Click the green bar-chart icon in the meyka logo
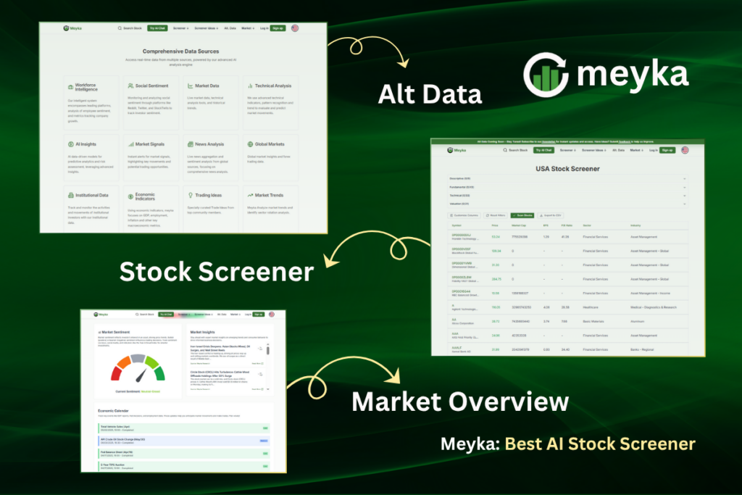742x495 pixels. tap(547, 75)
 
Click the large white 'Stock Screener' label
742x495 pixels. tap(216, 272)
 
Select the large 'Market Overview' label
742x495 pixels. tap(460, 401)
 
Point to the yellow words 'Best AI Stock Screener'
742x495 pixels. tap(600, 444)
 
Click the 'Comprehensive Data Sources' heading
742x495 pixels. tap(182, 51)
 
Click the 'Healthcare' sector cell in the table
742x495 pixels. tap(593, 307)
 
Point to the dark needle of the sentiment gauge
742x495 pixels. tap(141, 375)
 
